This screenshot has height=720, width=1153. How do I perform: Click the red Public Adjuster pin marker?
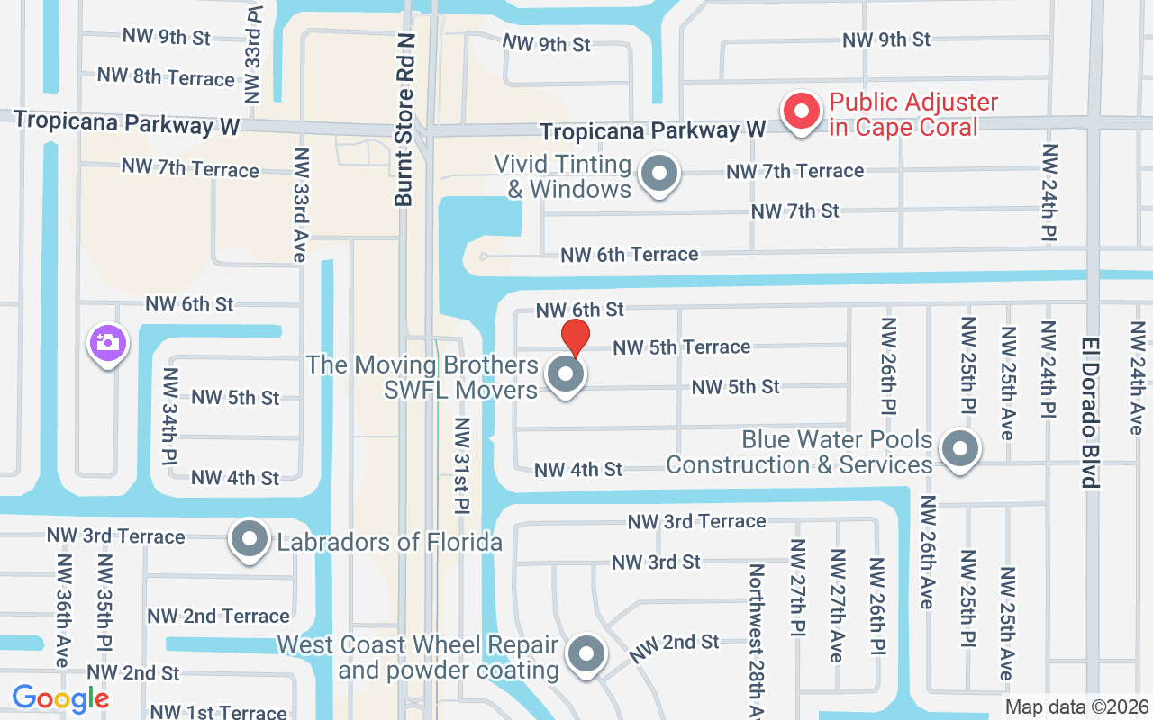click(x=800, y=112)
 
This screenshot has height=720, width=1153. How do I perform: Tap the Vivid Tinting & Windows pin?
click(x=659, y=175)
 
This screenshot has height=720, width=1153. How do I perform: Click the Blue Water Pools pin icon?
click(x=959, y=448)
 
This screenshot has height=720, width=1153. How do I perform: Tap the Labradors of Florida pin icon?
click(x=250, y=540)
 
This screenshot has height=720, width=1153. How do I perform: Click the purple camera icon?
click(x=107, y=343)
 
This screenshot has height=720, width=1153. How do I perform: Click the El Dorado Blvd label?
click(x=1090, y=412)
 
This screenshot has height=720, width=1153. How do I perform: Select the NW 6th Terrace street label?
click(x=629, y=255)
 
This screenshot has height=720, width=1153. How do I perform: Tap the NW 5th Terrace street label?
click(x=681, y=346)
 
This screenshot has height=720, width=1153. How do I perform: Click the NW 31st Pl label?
click(x=462, y=465)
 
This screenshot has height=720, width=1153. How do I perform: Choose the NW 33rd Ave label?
click(x=300, y=205)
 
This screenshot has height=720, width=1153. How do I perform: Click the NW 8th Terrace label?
click(x=166, y=76)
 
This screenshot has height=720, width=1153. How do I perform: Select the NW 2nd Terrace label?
click(x=219, y=616)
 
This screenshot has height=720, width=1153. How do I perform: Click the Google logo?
click(x=60, y=698)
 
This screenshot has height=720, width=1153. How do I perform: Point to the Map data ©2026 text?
click(x=1076, y=707)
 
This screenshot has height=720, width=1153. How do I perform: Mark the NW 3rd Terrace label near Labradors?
click(x=115, y=536)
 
